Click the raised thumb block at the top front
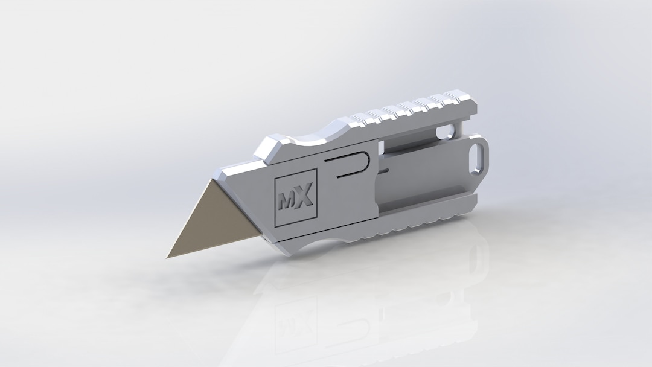point(272,148)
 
